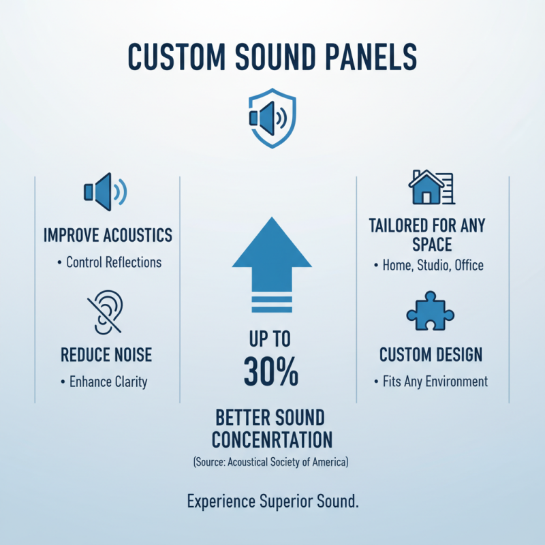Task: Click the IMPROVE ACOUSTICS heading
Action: pos(108,236)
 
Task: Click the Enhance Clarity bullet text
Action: pos(108,381)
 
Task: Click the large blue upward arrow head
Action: pos(272,245)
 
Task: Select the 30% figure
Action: pos(271,371)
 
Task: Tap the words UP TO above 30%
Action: pos(271,339)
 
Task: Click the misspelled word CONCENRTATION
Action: pos(271,438)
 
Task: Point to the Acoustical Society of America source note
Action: pos(271,463)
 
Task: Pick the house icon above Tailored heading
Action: pos(431,187)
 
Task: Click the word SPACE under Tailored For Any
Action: pos(431,243)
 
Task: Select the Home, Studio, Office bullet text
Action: pos(431,266)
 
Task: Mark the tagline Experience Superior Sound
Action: pos(272,502)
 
